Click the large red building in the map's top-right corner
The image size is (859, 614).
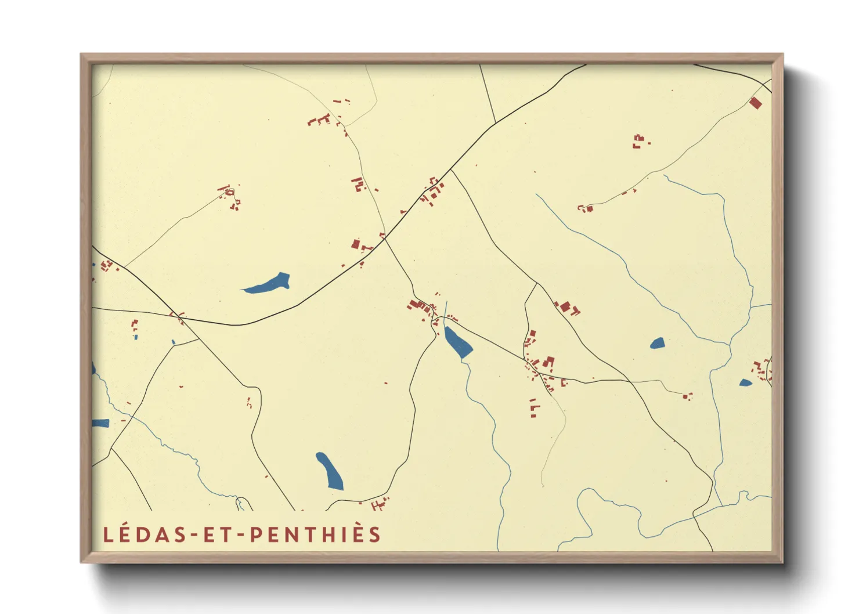pos(755,103)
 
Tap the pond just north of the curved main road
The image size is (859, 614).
pos(268,284)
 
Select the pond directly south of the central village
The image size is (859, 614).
pos(458,343)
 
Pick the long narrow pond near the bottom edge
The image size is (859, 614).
pos(330,471)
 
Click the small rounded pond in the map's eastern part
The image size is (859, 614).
pos(658,343)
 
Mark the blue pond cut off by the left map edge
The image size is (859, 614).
pos(100,423)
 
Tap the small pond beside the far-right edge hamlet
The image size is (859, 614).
pos(745,382)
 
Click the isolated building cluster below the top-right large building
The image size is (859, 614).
pos(640,141)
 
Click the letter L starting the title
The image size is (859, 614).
pos(108,534)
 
